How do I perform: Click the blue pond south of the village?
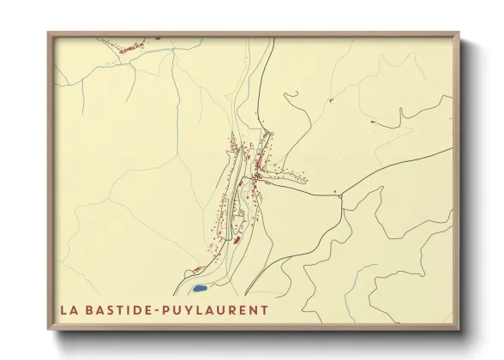tap(200, 289)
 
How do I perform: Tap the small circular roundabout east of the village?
tap(340, 197)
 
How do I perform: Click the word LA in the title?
tap(69, 309)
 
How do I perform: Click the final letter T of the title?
tap(263, 309)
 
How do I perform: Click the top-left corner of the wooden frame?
tap(49, 33)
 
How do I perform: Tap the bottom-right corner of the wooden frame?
tap(459, 330)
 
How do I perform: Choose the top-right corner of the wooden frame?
tap(459, 33)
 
